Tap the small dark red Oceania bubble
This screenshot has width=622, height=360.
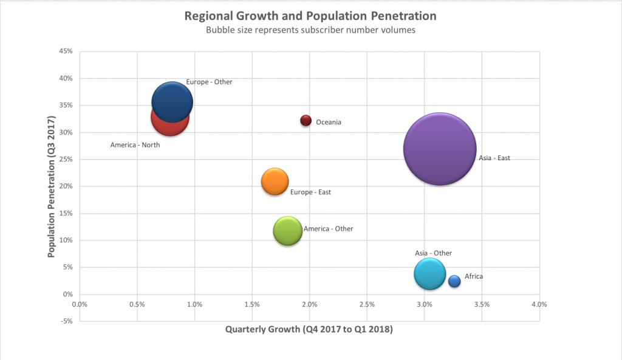pyautogui.click(x=306, y=120)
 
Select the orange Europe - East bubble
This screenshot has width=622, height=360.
pyautogui.click(x=275, y=182)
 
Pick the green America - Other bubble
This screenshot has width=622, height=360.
pyautogui.click(x=288, y=231)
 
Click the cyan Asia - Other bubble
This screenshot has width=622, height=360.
pyautogui.click(x=430, y=274)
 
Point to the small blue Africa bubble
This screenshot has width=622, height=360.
pyautogui.click(x=454, y=281)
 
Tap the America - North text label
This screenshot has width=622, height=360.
pyautogui.click(x=135, y=145)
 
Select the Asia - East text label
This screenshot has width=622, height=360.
pyautogui.click(x=494, y=158)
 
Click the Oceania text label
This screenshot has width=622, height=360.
pyautogui.click(x=329, y=122)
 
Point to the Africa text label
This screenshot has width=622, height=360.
pyautogui.click(x=474, y=276)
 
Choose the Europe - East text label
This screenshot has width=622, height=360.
pyautogui.click(x=310, y=192)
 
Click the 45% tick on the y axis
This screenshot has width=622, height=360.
pyautogui.click(x=66, y=52)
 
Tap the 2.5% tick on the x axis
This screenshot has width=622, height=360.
pyautogui.click(x=367, y=304)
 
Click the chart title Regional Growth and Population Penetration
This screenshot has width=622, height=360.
pyautogui.click(x=310, y=15)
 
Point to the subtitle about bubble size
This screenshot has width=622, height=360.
pyautogui.click(x=310, y=30)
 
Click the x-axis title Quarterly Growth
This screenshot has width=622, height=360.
pyautogui.click(x=309, y=330)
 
